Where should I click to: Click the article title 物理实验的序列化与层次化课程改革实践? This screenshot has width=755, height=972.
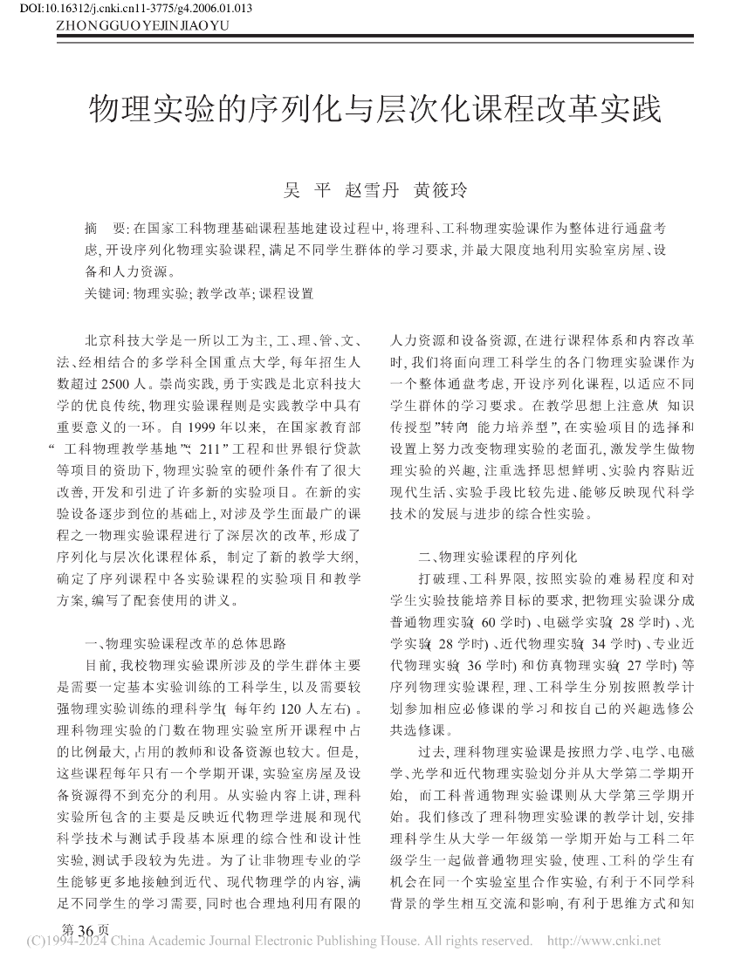[x=376, y=111]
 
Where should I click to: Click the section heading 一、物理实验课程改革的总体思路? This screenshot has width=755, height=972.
[x=185, y=645]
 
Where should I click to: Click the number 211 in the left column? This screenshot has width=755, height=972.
[x=214, y=449]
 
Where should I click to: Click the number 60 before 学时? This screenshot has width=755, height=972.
[x=487, y=621]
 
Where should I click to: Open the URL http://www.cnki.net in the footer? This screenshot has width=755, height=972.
[x=603, y=941]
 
